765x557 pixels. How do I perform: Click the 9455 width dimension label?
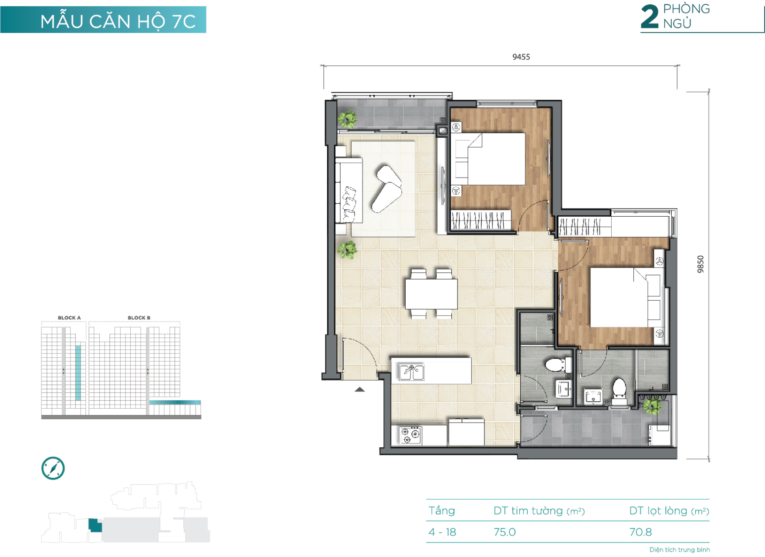[521, 57]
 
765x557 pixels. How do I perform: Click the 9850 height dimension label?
[701, 264]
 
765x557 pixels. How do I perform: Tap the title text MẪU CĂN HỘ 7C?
[118, 21]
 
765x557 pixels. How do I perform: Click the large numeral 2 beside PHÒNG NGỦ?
[650, 17]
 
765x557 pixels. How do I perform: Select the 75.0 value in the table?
[504, 532]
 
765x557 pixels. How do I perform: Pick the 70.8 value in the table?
[640, 532]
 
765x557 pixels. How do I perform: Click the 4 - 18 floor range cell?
[442, 532]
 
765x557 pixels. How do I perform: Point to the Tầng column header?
[442, 511]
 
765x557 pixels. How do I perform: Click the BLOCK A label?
[69, 318]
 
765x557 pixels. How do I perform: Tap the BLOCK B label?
[139, 318]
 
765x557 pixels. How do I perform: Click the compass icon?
[53, 468]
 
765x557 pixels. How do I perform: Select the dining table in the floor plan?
[431, 294]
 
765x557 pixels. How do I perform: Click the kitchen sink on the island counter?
[411, 372]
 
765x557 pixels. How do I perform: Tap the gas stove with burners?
[410, 435]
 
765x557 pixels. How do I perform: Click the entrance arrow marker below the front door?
[360, 389]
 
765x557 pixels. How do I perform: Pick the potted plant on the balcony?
[347, 119]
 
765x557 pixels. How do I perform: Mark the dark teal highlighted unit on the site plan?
[95, 525]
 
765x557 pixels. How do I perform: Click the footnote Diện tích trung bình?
[680, 550]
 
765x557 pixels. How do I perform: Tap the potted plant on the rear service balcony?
[652, 406]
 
